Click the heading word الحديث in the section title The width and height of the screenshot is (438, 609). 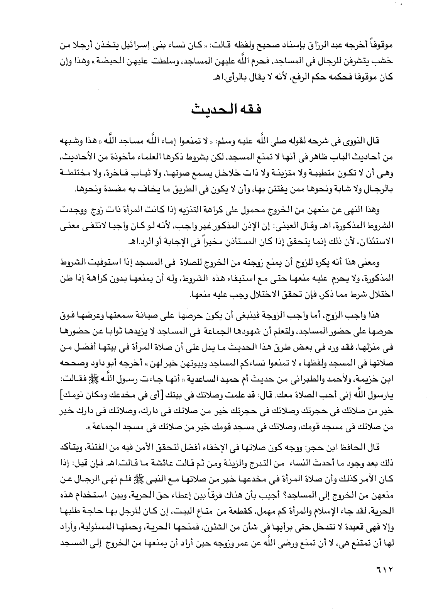point(207,109)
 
